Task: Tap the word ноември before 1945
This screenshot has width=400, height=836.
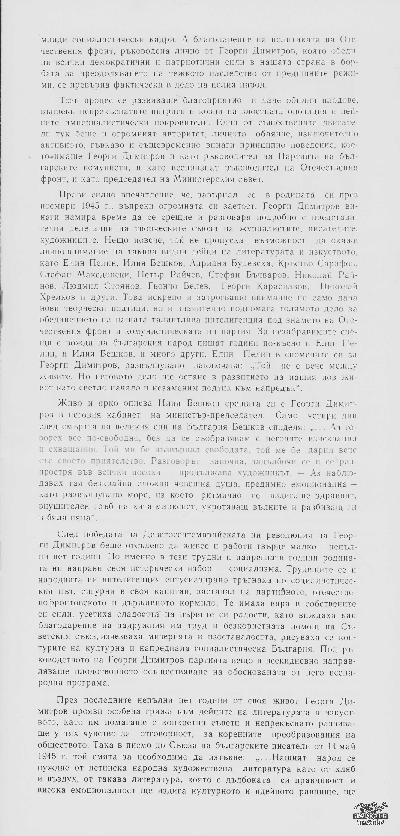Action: [x=54, y=206]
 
